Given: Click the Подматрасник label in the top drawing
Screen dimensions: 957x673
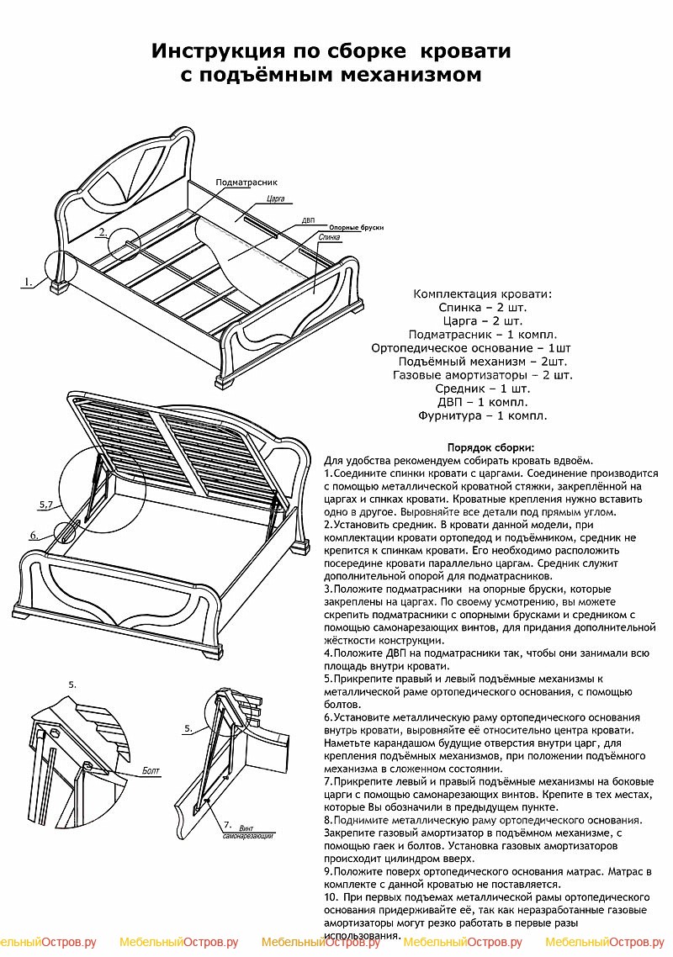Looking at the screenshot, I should (246, 182).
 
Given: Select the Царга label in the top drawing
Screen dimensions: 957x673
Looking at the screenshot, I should (275, 199).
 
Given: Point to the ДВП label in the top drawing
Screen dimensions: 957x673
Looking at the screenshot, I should (309, 220).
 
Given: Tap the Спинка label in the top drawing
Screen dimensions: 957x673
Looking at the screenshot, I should (330, 238).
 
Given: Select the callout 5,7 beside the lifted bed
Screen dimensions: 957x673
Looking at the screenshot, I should (46, 504).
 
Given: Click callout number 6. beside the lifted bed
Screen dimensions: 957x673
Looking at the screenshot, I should (34, 535).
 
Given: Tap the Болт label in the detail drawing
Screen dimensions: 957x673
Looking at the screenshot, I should (150, 770).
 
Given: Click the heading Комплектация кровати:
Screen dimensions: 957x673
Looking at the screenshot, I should (482, 294).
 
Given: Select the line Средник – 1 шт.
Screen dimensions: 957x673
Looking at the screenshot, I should (482, 389).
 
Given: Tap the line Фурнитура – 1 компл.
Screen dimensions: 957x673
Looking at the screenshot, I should (482, 415).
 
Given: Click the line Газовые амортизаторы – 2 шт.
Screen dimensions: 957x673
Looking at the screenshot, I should (482, 375).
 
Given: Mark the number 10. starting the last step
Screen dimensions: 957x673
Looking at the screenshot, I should (331, 898).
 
